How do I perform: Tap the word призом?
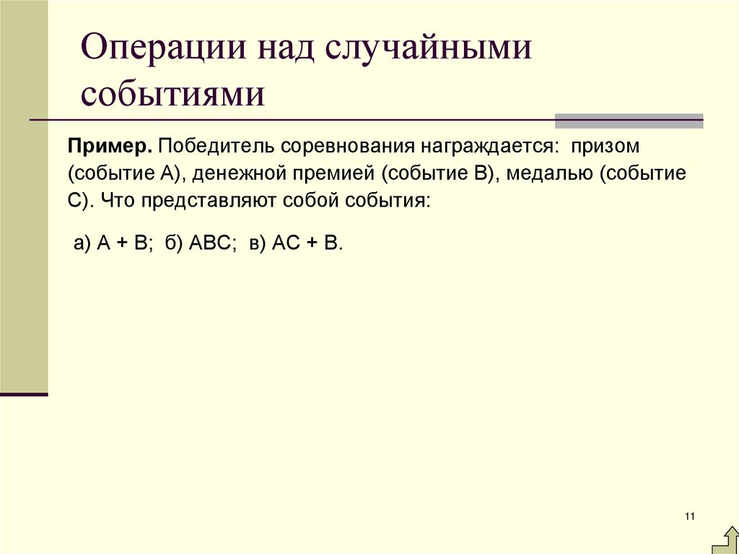605,147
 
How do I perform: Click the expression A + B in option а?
123,243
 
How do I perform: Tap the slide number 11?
689,515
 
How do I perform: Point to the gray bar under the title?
629,121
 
